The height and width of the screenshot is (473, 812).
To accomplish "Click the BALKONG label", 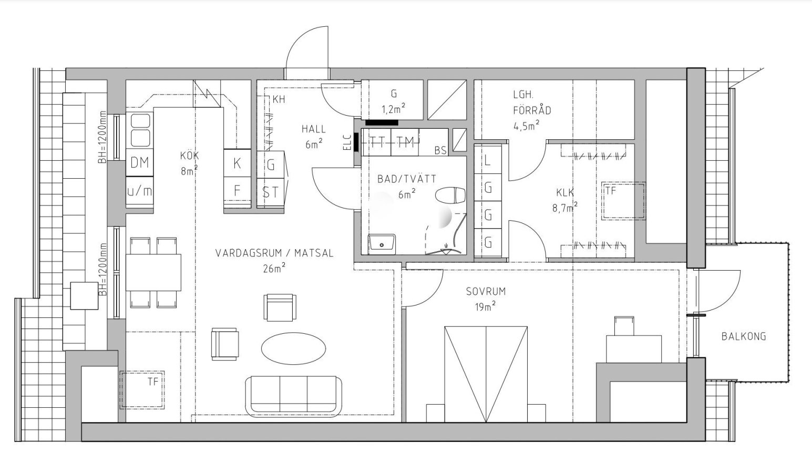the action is tap(744, 336).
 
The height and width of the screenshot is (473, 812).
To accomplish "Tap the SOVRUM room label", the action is tap(486, 291).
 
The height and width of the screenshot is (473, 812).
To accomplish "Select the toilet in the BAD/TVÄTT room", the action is tap(450, 196).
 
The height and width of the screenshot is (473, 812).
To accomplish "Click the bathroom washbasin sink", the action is tap(382, 244).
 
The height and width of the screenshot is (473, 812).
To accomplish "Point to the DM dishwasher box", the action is tap(140, 162).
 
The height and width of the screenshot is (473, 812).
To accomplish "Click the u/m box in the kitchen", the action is tap(140, 191).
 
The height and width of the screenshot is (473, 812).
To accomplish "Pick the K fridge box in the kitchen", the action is tap(237, 163).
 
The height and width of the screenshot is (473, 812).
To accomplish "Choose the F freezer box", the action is tap(237, 191).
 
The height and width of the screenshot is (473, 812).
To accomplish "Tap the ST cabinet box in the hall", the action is tap(271, 192).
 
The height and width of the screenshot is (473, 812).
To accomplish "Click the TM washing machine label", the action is tap(405, 142).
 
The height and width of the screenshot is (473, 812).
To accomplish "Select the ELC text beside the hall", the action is tap(347, 142).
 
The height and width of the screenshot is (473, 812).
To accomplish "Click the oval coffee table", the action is tap(293, 348).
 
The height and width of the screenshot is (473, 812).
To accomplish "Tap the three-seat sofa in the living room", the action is tap(293, 396).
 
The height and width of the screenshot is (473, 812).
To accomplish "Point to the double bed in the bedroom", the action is tap(486, 374).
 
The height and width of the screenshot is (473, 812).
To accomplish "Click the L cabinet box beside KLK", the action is tap(488, 159).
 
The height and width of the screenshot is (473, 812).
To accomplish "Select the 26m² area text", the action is tap(274, 268).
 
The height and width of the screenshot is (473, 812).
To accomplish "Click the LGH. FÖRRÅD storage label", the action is tap(532, 102).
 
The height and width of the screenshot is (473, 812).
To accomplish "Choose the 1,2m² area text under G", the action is tap(393, 108).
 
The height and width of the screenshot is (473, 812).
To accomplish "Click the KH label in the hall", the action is tap(279, 99).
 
